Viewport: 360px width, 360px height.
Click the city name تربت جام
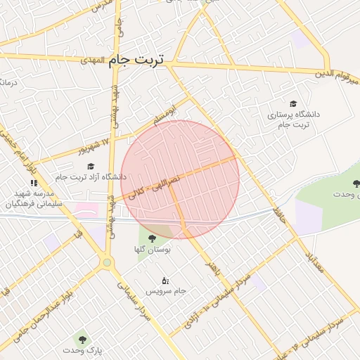136,60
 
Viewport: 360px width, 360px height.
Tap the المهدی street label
91,60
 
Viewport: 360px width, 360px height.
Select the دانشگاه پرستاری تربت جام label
293,118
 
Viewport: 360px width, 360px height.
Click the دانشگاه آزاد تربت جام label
94,177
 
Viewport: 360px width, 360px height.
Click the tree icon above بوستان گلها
152,238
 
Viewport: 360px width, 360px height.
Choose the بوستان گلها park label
153,250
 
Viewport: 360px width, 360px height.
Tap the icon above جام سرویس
165,281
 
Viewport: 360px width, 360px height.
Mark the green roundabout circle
107,263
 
